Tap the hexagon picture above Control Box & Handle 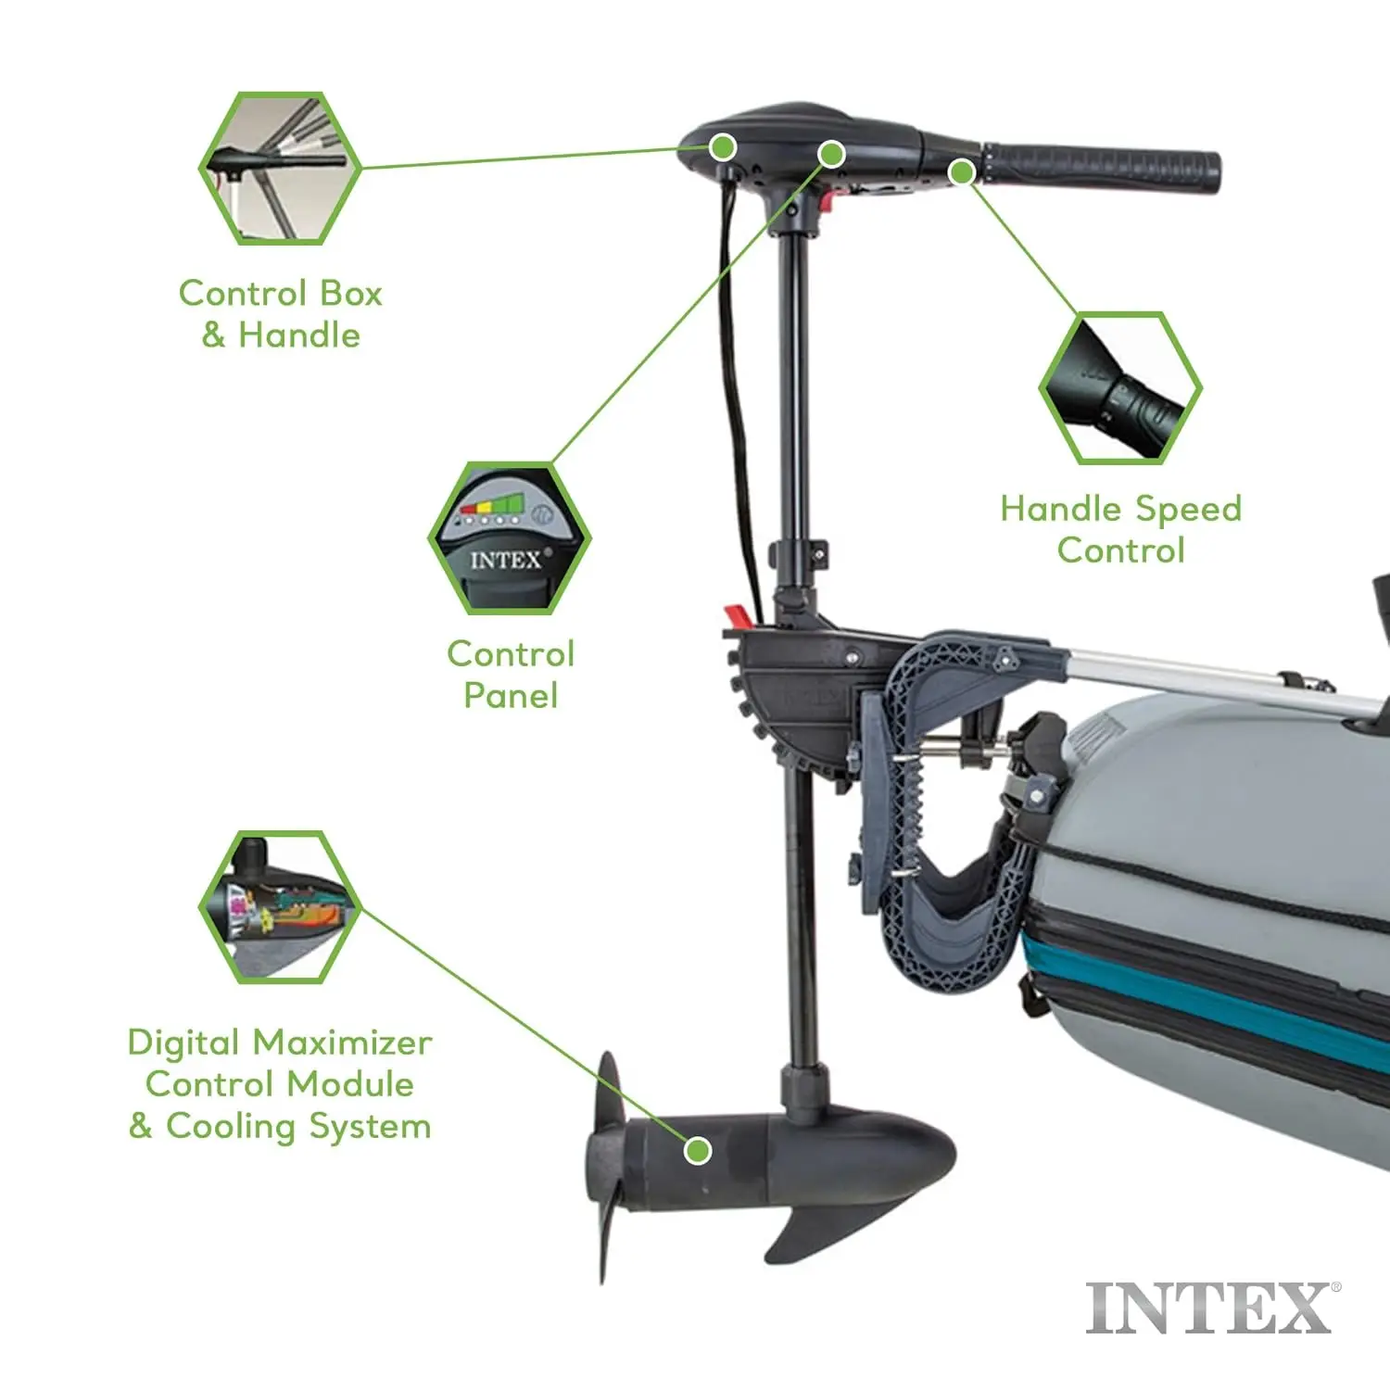click(x=279, y=168)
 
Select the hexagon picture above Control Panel click(x=510, y=537)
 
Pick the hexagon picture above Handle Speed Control click(x=1119, y=387)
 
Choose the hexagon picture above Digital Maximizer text click(x=279, y=906)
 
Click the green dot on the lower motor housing click(x=698, y=1150)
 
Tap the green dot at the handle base click(x=962, y=171)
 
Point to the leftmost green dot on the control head click(x=723, y=146)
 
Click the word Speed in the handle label click(x=1188, y=510)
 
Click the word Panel click(x=511, y=695)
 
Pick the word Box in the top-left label click(x=350, y=293)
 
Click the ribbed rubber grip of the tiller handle click(x=1102, y=168)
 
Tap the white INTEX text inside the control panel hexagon click(x=506, y=561)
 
